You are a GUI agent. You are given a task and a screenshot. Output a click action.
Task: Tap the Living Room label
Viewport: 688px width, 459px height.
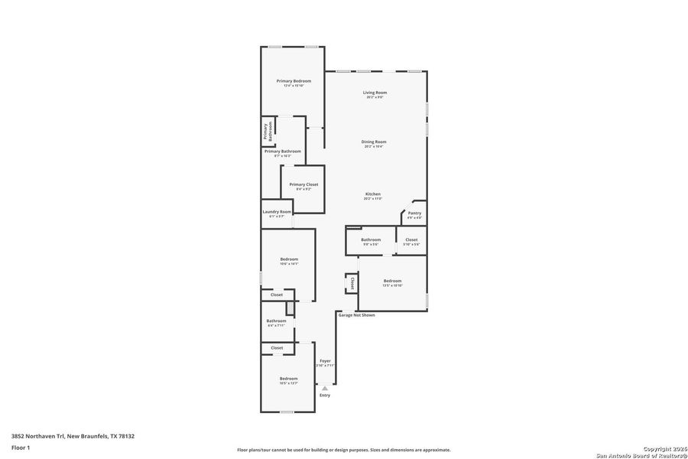click(x=375, y=93)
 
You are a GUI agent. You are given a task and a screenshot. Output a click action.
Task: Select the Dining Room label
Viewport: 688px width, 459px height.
click(x=374, y=142)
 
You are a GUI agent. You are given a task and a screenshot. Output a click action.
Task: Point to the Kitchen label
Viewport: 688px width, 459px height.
click(x=373, y=194)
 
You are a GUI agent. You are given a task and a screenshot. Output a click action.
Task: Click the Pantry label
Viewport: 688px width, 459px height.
click(x=414, y=213)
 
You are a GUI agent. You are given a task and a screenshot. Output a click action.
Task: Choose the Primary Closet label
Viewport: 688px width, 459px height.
click(x=303, y=184)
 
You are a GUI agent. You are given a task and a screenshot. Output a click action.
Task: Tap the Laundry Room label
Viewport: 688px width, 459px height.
click(x=277, y=212)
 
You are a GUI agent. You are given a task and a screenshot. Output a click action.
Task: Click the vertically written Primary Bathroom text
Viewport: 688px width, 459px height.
click(x=269, y=132)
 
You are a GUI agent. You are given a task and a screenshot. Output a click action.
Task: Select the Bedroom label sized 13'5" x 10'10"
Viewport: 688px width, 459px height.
click(x=392, y=281)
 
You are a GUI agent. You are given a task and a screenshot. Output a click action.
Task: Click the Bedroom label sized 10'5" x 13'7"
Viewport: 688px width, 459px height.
click(x=288, y=379)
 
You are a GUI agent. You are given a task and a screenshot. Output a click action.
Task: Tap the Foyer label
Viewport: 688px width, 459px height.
click(x=325, y=360)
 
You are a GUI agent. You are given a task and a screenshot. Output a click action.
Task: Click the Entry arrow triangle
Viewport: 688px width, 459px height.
click(x=325, y=388)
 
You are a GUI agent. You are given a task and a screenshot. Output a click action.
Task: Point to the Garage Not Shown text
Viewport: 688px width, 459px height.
click(x=356, y=314)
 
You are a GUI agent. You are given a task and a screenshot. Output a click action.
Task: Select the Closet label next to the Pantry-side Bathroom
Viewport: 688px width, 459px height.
click(x=411, y=239)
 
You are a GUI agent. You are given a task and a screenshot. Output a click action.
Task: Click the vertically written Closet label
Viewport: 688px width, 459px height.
click(x=352, y=283)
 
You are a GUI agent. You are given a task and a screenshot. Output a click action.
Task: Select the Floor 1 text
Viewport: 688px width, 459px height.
click(x=21, y=448)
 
